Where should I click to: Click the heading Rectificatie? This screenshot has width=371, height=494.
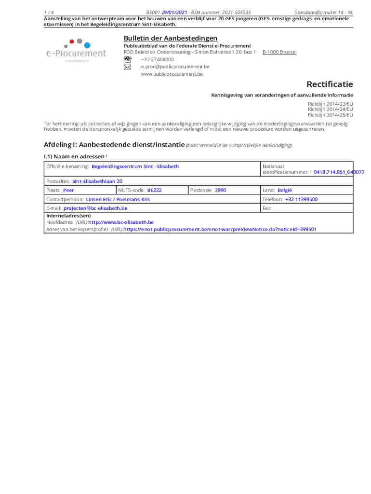point(330,84)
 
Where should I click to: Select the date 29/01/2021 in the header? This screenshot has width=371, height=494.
point(174,12)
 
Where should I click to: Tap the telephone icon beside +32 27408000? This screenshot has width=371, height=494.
point(127,59)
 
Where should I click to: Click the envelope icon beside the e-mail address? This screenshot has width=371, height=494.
point(127,67)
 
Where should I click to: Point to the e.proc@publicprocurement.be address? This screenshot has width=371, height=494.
point(175,67)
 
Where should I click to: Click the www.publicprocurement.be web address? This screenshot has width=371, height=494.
point(172,74)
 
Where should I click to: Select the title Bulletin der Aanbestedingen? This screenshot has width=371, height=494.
point(170,38)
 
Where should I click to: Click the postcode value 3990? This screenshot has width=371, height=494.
point(220,190)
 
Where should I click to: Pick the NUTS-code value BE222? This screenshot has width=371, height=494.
point(154,190)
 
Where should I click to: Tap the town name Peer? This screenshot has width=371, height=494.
point(68,190)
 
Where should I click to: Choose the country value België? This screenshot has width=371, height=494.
point(285,190)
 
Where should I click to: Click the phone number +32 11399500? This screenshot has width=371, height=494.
point(301,199)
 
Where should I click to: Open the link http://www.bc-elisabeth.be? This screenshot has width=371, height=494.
point(121,222)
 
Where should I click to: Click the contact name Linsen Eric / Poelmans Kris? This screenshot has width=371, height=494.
point(118,199)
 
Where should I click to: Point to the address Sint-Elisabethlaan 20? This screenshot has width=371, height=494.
point(97,181)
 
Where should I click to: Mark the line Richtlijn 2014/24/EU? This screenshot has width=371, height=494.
point(330,109)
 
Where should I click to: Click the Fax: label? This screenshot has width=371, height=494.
point(267,208)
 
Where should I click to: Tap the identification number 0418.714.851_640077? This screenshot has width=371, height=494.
point(339,172)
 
